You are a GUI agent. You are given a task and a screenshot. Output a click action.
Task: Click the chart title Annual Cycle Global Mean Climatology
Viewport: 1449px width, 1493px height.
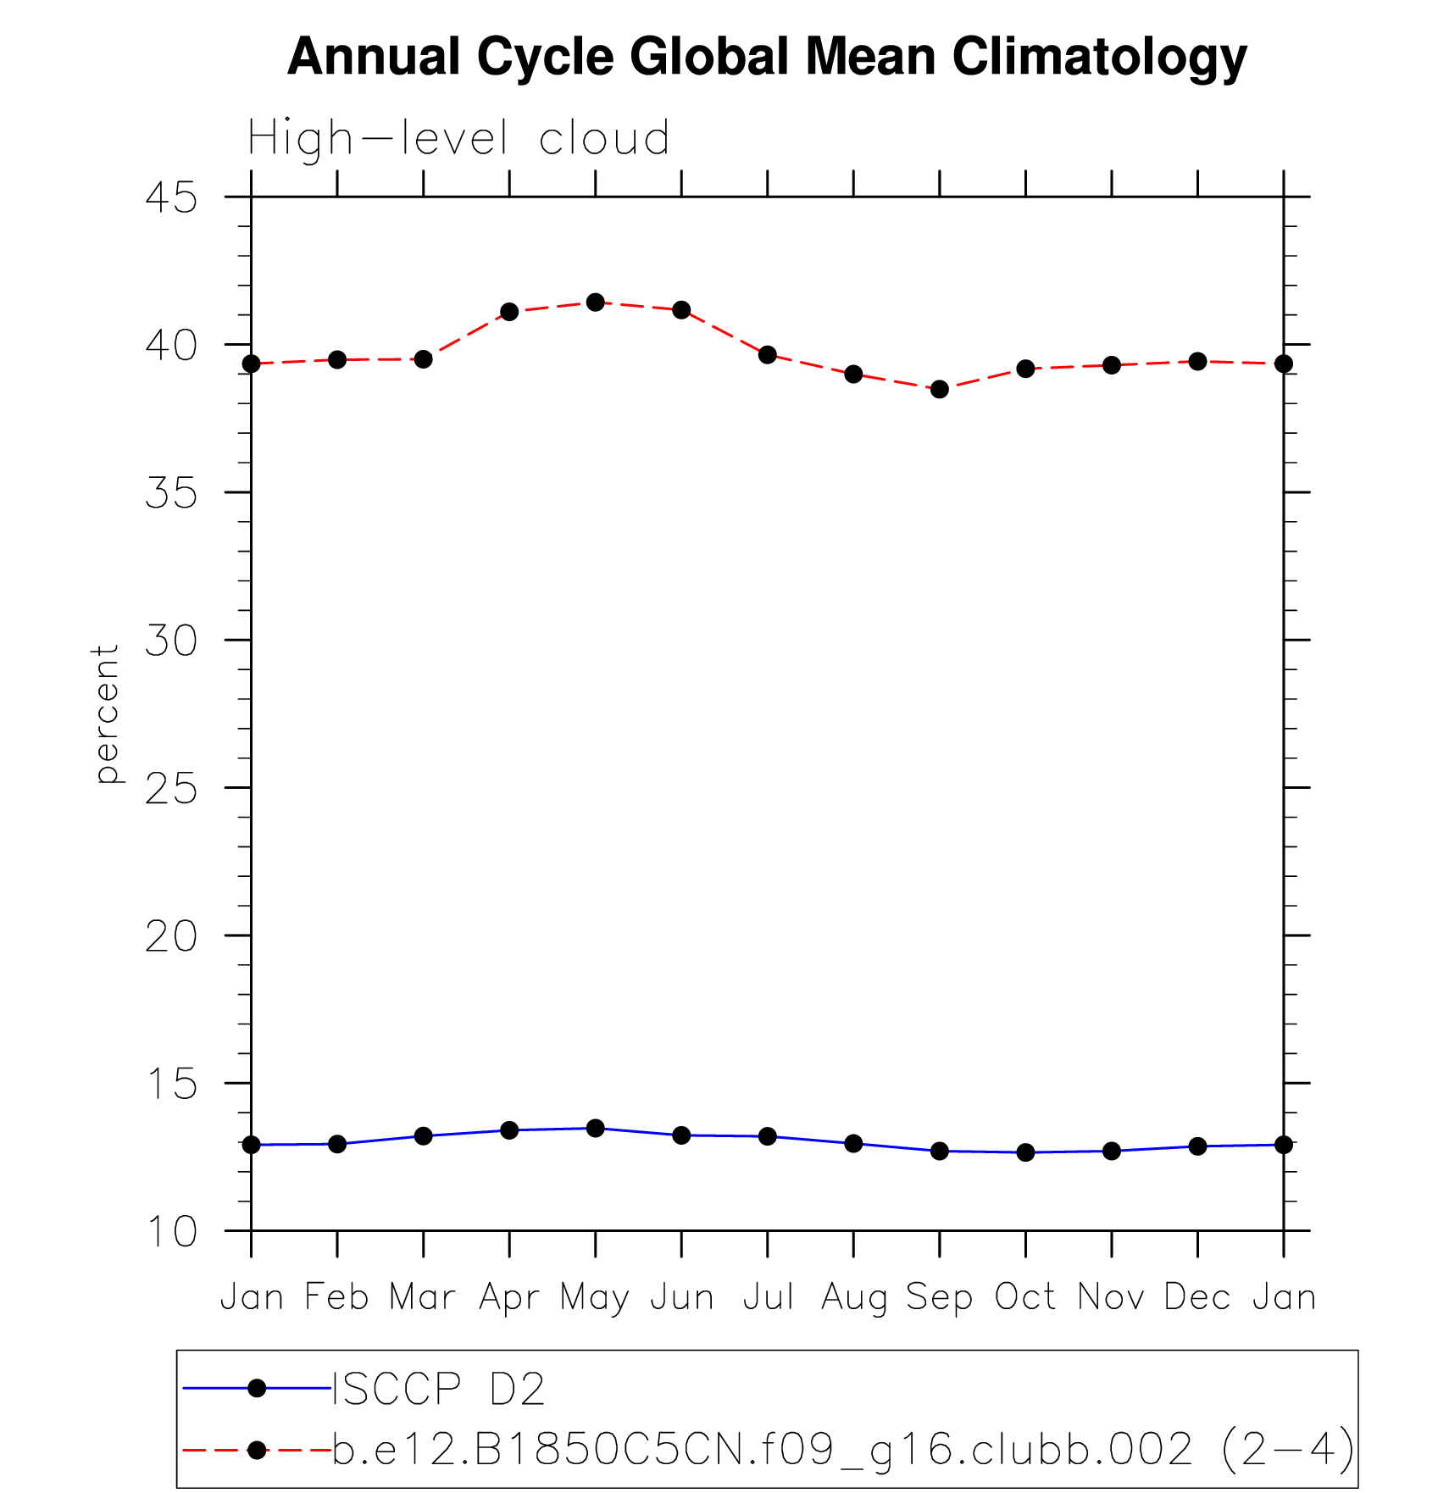767,58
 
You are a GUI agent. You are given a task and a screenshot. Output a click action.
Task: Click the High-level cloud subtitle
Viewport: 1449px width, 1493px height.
458,138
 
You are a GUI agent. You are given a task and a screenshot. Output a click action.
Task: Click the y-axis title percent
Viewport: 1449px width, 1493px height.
107,713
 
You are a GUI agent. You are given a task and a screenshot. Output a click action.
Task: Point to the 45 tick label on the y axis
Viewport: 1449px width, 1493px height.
171,198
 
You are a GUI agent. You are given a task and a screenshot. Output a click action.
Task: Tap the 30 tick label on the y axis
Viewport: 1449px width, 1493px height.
171,641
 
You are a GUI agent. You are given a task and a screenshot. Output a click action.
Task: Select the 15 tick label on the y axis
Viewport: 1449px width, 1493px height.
171,1085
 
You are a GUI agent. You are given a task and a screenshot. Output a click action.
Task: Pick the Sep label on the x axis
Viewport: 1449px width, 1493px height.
939,1297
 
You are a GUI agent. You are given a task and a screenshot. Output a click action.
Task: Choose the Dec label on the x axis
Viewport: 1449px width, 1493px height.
1197,1297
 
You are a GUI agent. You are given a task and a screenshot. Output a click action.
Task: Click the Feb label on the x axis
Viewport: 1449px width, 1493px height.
337,1297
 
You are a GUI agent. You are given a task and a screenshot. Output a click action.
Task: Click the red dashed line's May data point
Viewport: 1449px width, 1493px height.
596,302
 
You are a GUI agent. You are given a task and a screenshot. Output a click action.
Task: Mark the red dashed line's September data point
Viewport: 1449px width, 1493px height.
940,390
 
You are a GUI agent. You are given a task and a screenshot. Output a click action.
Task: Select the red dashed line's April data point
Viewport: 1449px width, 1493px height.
509,312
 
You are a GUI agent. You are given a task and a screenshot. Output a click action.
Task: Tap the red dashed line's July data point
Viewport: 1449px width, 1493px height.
768,355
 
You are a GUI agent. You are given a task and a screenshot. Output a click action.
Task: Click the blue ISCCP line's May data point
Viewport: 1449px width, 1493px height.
596,1129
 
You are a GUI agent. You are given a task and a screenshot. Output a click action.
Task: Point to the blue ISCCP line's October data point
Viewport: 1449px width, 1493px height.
1025,1152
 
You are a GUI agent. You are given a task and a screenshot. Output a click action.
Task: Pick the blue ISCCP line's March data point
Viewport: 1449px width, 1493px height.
424,1136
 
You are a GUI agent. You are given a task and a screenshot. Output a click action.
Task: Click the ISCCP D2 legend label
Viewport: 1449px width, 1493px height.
439,1389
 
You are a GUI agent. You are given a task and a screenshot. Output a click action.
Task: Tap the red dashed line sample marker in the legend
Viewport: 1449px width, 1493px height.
257,1450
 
